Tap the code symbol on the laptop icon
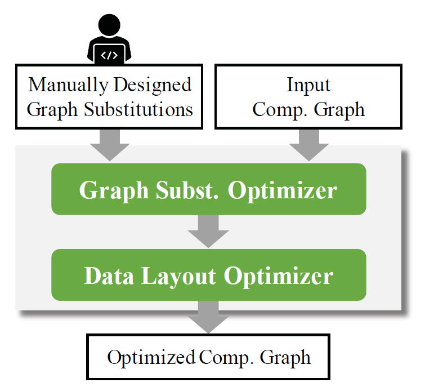(109, 55)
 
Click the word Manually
(68, 85)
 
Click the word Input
(308, 85)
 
